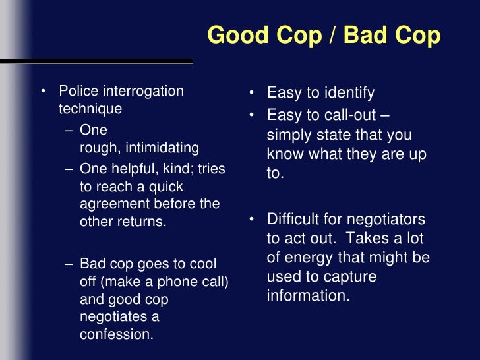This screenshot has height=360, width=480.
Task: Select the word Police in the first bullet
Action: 78,91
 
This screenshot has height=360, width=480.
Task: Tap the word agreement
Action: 113,204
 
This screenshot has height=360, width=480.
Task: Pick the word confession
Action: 116,334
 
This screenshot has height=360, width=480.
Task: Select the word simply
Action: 289,135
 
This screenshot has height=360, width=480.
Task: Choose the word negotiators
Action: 387,219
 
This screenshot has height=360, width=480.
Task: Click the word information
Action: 307,295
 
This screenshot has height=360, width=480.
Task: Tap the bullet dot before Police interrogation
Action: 44,91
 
